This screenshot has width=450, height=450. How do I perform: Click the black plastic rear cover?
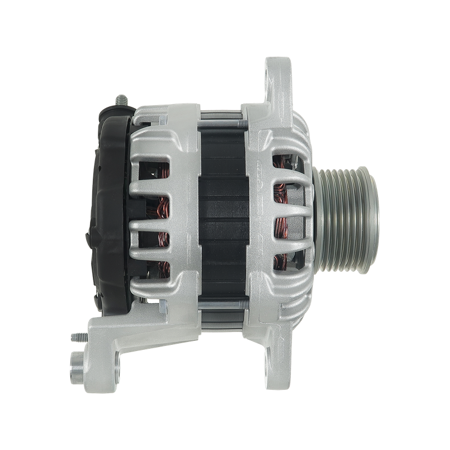coord(110,214)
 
